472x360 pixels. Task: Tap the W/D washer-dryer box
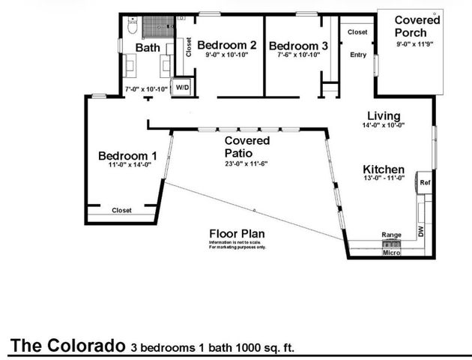pos(182,88)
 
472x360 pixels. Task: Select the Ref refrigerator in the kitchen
pos(423,182)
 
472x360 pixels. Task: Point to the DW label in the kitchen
pos(420,233)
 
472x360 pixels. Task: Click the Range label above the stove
pos(391,235)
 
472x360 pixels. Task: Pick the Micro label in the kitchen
pos(391,253)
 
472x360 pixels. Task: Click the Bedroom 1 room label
pos(127,155)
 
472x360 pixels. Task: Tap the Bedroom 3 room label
pos(297,45)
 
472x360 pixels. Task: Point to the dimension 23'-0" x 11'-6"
pos(246,163)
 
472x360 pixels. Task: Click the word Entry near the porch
pos(358,55)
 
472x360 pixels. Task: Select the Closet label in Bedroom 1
pos(121,211)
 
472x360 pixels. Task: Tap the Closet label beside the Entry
pos(357,32)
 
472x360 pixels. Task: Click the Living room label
pos(383,116)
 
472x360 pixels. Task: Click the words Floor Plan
pos(236,233)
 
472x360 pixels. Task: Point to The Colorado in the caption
pos(66,346)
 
